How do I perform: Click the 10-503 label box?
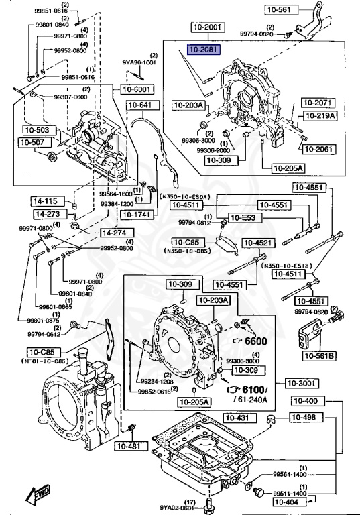click(x=38, y=129)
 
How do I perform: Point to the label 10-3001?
click(x=302, y=382)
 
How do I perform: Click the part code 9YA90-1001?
click(x=139, y=62)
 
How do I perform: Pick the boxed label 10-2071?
click(x=316, y=103)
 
